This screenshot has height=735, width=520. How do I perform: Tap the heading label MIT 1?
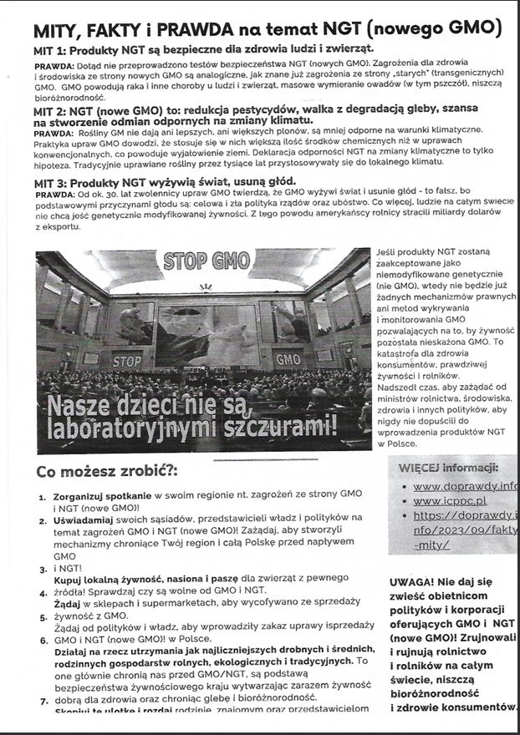pyautogui.click(x=53, y=51)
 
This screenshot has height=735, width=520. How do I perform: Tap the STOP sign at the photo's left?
pyautogui.click(x=127, y=362)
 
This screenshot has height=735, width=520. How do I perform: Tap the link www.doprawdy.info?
pyautogui.click(x=465, y=485)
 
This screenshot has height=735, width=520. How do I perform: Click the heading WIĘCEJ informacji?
pyautogui.click(x=448, y=466)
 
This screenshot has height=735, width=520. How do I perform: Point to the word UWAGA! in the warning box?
pyautogui.click(x=412, y=582)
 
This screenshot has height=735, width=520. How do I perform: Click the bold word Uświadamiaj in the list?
pyautogui.click(x=82, y=519)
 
